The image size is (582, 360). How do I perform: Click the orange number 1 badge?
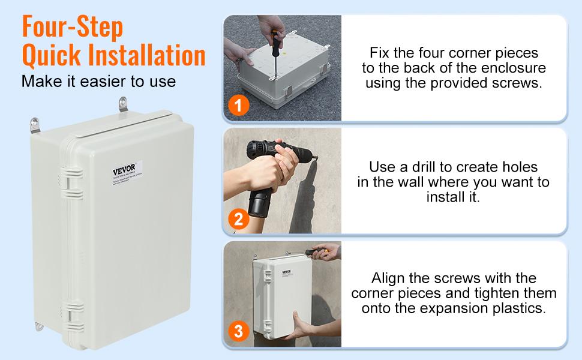point(238,107)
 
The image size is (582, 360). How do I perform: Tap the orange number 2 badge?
point(238,219)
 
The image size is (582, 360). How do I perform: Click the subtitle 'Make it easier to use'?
point(98,81)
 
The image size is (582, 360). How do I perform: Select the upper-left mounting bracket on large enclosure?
point(34,125)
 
